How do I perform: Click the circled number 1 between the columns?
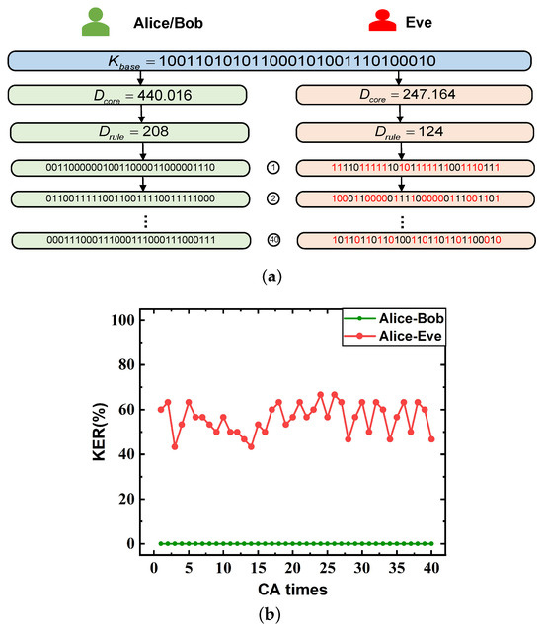[x=273, y=169]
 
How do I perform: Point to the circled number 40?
[x=273, y=240]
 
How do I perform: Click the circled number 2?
[x=273, y=198]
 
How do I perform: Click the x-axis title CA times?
[x=293, y=589]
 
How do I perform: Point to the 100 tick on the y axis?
[x=120, y=320]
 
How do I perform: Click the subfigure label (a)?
[x=271, y=279]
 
